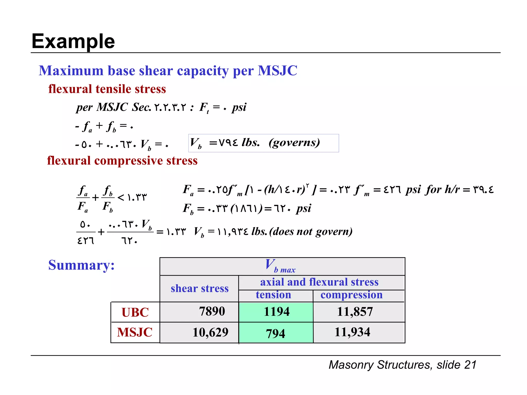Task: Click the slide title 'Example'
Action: [73, 41]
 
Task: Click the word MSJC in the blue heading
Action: [277, 71]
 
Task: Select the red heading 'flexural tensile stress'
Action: [107, 89]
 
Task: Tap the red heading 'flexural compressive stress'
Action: [122, 161]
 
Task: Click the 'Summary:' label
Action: [81, 265]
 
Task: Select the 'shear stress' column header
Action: [199, 289]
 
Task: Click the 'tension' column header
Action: [273, 295]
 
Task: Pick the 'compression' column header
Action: [351, 295]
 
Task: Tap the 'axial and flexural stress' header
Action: [319, 282]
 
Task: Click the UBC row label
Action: [135, 312]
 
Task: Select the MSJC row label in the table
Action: [135, 332]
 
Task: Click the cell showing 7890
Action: [212, 311]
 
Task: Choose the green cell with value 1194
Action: [276, 312]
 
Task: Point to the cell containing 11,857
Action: [355, 312]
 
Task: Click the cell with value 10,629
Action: [210, 333]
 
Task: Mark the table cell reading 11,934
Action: [352, 332]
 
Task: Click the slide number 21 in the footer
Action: [470, 365]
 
